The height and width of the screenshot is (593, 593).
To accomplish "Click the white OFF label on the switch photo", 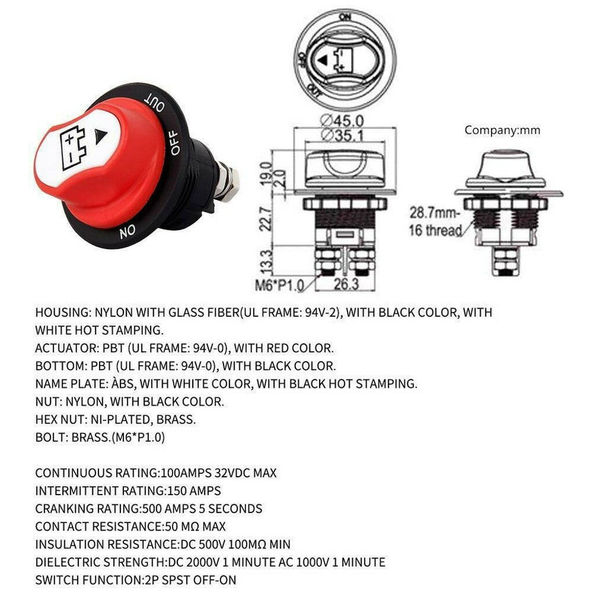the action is tap(175, 142).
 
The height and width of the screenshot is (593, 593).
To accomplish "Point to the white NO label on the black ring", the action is tap(127, 231).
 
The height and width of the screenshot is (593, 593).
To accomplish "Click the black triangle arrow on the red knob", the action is tap(101, 137).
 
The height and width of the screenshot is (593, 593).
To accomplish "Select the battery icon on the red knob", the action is tap(73, 147).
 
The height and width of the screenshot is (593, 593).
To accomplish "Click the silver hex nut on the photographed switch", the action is tap(229, 185).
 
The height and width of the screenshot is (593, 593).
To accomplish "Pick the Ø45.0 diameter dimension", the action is tap(342, 121).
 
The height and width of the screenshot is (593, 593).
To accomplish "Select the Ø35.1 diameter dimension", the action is tap(342, 134).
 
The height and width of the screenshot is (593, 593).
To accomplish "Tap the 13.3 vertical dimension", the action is tap(266, 261).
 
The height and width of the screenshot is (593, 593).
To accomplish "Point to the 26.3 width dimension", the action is tap(346, 284).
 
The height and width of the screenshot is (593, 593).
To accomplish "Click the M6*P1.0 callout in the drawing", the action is tap(280, 285).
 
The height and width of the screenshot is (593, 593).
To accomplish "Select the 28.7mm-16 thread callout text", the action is tap(435, 221).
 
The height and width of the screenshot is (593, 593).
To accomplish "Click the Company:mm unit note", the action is tap(502, 130).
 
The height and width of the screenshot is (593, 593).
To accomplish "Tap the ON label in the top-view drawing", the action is tap(345, 17).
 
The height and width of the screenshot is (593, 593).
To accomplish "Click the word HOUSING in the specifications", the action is tap(61, 313).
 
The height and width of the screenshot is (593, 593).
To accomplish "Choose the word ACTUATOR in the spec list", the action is tap(65, 348).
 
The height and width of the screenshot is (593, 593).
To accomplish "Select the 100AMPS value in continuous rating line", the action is tap(186, 473).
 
